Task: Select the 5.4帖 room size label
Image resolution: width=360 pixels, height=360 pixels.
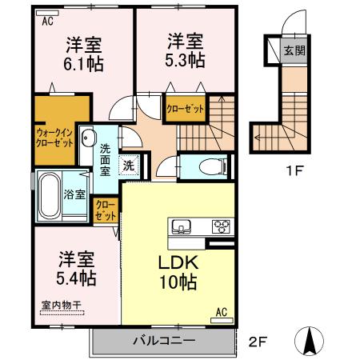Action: point(76,278)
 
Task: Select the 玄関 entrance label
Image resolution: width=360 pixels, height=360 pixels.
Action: point(294,50)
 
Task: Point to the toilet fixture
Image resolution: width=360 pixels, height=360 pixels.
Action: point(210,166)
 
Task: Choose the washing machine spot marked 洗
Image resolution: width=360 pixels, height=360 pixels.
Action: point(127,166)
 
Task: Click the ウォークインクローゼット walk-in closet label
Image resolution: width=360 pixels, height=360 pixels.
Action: point(53,136)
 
